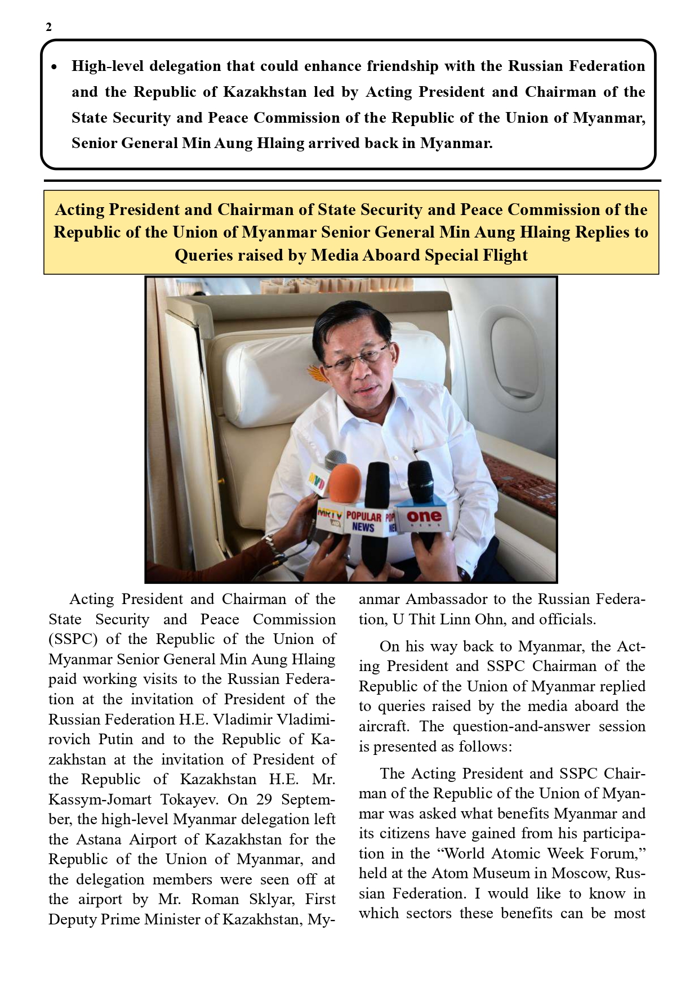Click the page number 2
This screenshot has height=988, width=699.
pos(49,27)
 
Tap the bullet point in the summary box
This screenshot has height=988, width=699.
pos(54,67)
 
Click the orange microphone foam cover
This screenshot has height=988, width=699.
pos(344,483)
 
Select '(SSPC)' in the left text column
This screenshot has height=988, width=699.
pos(73,640)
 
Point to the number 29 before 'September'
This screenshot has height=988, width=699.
pos(265,800)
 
